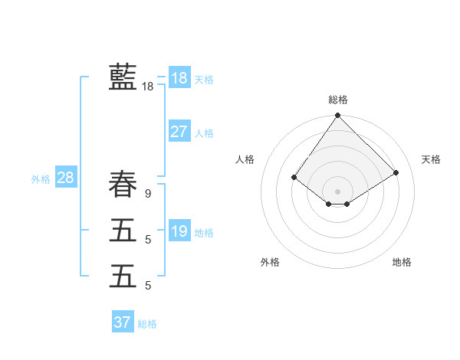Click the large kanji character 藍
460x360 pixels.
[x=123, y=77]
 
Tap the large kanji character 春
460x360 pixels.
[x=123, y=185]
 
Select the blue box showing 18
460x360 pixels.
[x=179, y=77]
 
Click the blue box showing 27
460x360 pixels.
[x=179, y=132]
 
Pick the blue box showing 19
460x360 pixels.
[x=179, y=231]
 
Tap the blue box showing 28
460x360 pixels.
[x=65, y=178]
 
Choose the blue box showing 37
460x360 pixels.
[x=123, y=322]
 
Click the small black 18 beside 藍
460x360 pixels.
[x=147, y=87]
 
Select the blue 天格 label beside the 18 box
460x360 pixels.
[x=204, y=79]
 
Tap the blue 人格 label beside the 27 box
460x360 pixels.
[x=204, y=133]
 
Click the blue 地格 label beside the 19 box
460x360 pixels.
[x=204, y=232]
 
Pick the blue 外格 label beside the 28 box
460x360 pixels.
[x=41, y=179]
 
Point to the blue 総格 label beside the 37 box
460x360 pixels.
[x=147, y=324]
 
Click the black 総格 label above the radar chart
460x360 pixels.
[x=338, y=100]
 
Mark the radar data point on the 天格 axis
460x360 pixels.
[x=396, y=172]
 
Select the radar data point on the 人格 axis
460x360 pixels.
[x=294, y=177]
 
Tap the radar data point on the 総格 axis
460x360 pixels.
[x=338, y=116]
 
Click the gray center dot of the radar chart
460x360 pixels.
[x=338, y=191]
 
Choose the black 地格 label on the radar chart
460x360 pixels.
[x=402, y=262]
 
